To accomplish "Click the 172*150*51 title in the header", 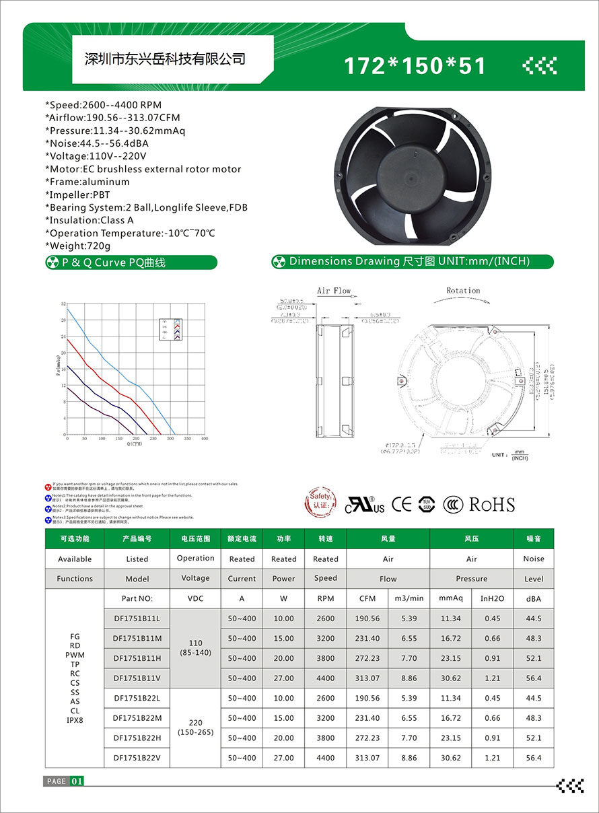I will pyautogui.click(x=415, y=66).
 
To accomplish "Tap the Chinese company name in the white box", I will pyautogui.click(x=164, y=59).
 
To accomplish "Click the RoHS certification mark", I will pyautogui.click(x=491, y=505).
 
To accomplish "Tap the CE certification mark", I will pyautogui.click(x=401, y=504).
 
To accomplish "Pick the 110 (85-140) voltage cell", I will pyautogui.click(x=195, y=648).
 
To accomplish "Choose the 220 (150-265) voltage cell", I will pyautogui.click(x=195, y=728).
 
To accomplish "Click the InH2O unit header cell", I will pyautogui.click(x=493, y=598).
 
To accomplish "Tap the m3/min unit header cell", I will pyautogui.click(x=409, y=598).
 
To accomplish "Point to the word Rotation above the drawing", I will pyautogui.click(x=463, y=291).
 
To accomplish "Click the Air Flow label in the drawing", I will pyautogui.click(x=334, y=291).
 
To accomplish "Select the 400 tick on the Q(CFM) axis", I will pyautogui.click(x=205, y=439).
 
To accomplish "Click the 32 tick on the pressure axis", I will pyautogui.click(x=63, y=304).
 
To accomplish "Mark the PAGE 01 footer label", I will pyautogui.click(x=64, y=781).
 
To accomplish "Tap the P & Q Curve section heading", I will pyautogui.click(x=114, y=262).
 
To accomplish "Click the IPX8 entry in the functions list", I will pyautogui.click(x=75, y=720).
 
